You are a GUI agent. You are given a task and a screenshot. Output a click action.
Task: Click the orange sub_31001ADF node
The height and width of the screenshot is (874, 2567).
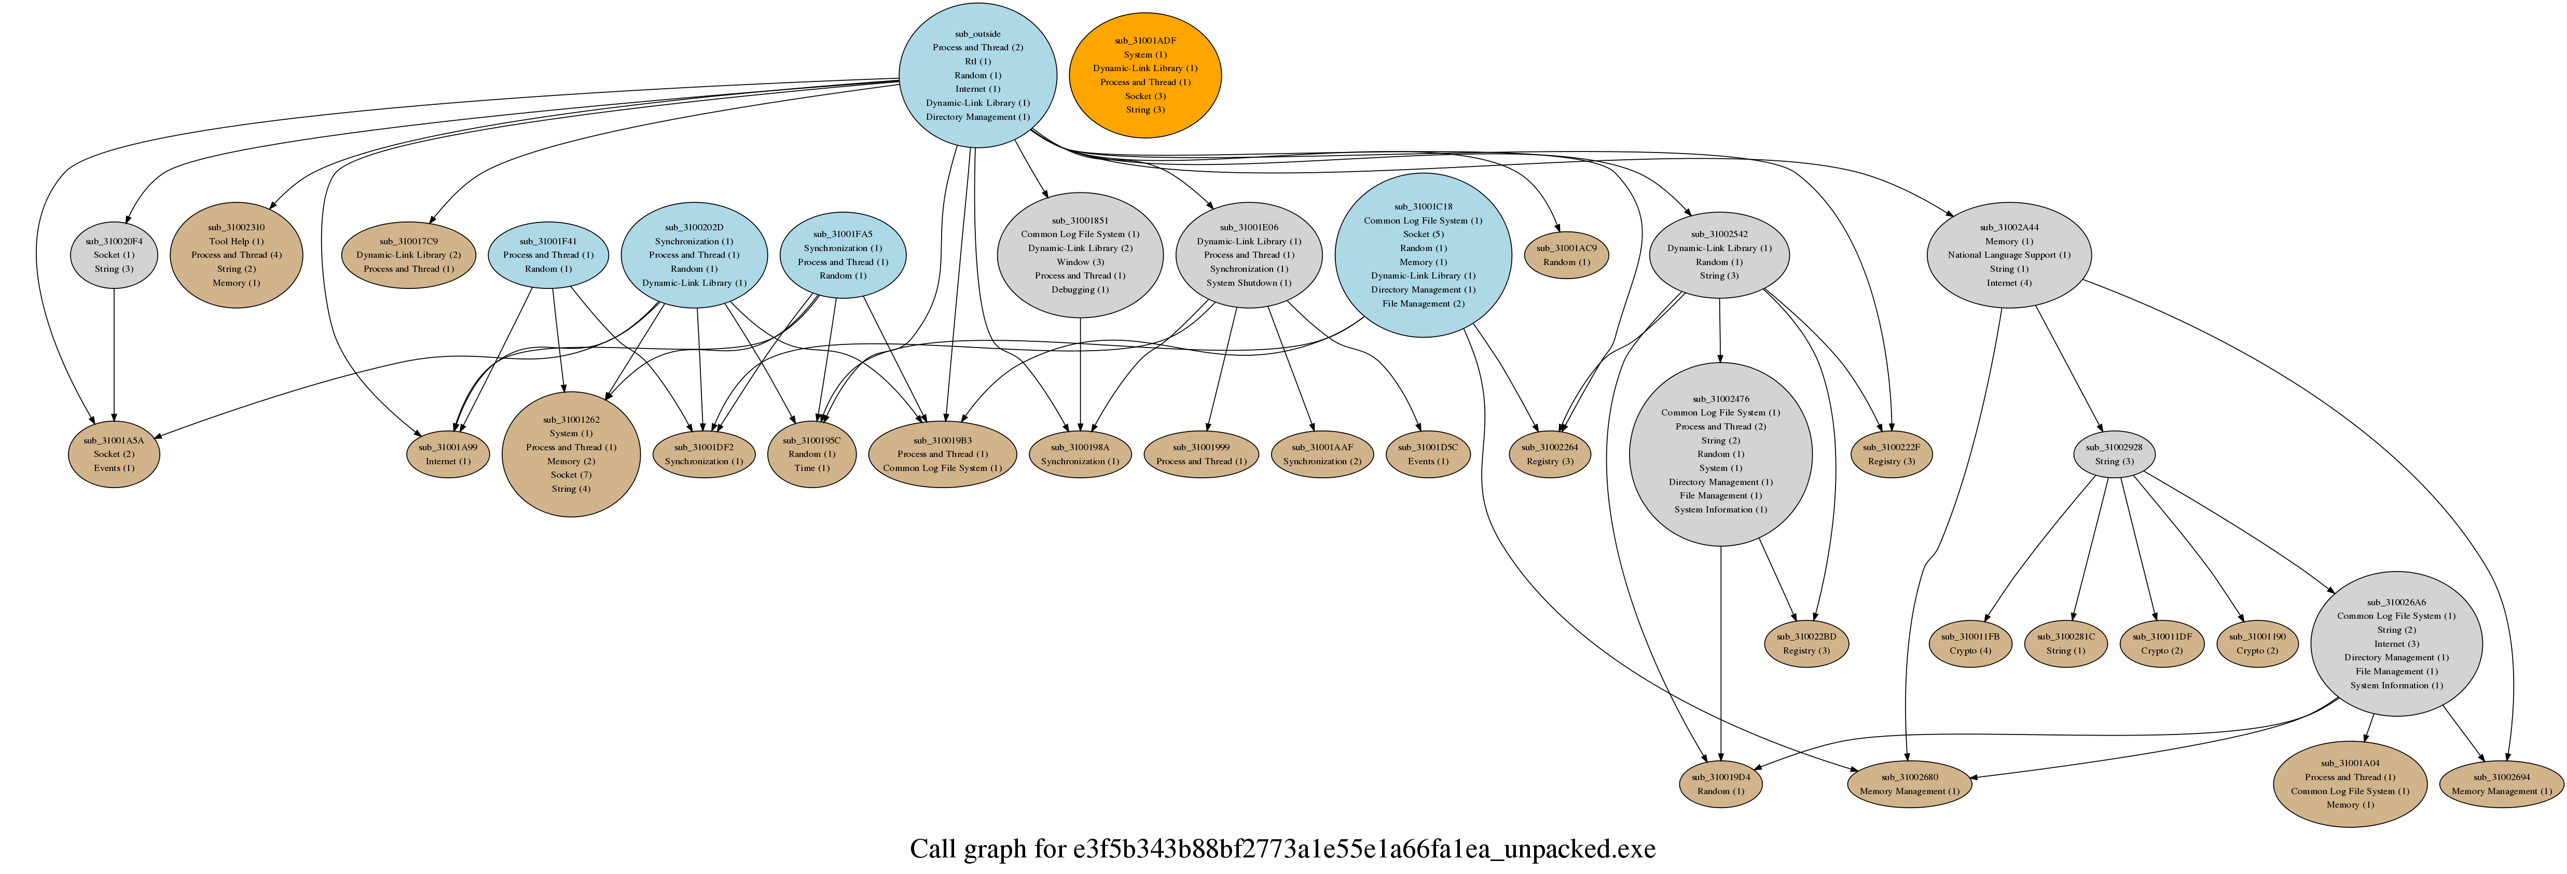(1145, 75)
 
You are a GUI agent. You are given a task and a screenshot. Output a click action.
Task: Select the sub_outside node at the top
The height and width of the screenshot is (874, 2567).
(977, 75)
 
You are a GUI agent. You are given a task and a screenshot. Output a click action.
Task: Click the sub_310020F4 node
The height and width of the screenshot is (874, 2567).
(114, 255)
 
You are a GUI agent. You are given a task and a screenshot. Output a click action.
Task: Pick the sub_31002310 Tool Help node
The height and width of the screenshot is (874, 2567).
(236, 255)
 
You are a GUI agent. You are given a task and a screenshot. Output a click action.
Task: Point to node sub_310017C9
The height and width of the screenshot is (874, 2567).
(409, 255)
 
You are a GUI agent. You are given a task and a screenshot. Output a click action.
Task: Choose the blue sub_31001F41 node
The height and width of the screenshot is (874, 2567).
(548, 255)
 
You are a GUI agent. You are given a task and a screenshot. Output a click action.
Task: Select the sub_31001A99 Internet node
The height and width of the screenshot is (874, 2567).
(447, 454)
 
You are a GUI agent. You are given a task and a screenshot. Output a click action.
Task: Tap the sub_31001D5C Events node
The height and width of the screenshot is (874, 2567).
(1427, 454)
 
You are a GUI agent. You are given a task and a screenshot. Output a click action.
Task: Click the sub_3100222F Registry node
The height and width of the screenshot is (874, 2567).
(1890, 454)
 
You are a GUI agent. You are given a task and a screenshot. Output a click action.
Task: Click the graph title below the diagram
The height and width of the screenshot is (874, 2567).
(1282, 849)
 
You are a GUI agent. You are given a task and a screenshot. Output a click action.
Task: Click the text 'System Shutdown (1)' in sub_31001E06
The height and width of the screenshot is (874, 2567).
(1249, 283)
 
